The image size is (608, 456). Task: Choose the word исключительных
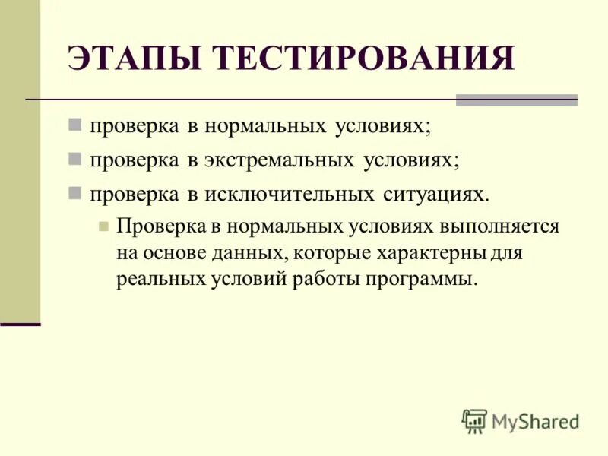[x=287, y=194]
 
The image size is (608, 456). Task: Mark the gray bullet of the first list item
[x=74, y=125]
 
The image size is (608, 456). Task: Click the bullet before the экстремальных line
[x=74, y=160]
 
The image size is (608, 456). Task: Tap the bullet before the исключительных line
[x=74, y=193]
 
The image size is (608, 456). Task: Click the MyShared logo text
[x=535, y=420]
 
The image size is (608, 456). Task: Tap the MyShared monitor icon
[x=474, y=420]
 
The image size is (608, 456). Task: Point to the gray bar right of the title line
[x=516, y=100]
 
